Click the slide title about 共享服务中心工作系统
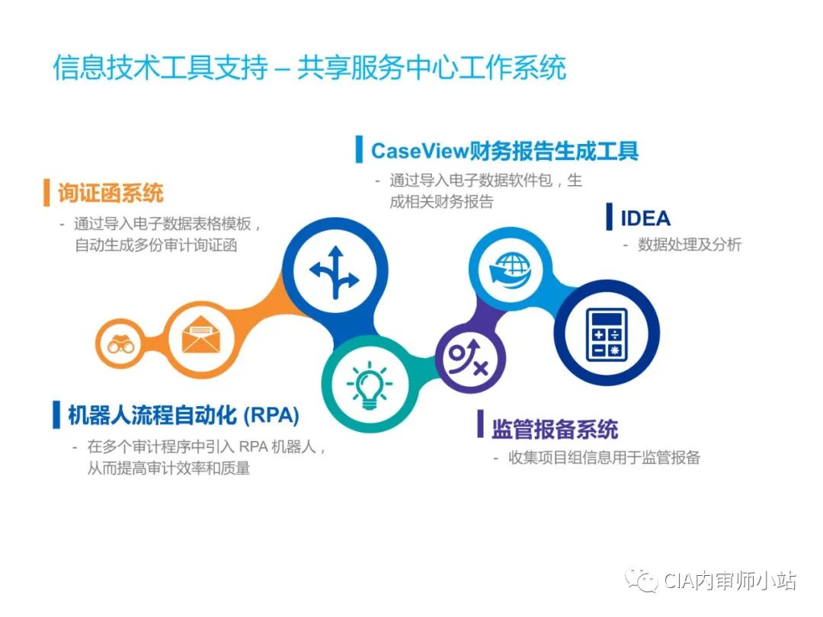pos(309,68)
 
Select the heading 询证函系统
pos(110,193)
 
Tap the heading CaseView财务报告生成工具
pos(504,150)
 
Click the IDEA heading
pos(645,218)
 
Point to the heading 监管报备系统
pos(554,429)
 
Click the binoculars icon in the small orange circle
pos(120,344)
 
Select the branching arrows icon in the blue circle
pos(333,272)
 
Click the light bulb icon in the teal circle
pos(369,383)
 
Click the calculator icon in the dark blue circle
pos(607,333)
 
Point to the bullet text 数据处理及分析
pos(689,245)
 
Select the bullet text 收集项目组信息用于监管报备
pos(604,458)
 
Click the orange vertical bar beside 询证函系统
pos(46,193)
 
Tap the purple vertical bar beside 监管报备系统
pos(481,425)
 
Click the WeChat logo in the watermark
pos(641,581)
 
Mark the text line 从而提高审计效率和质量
pos(169,468)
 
